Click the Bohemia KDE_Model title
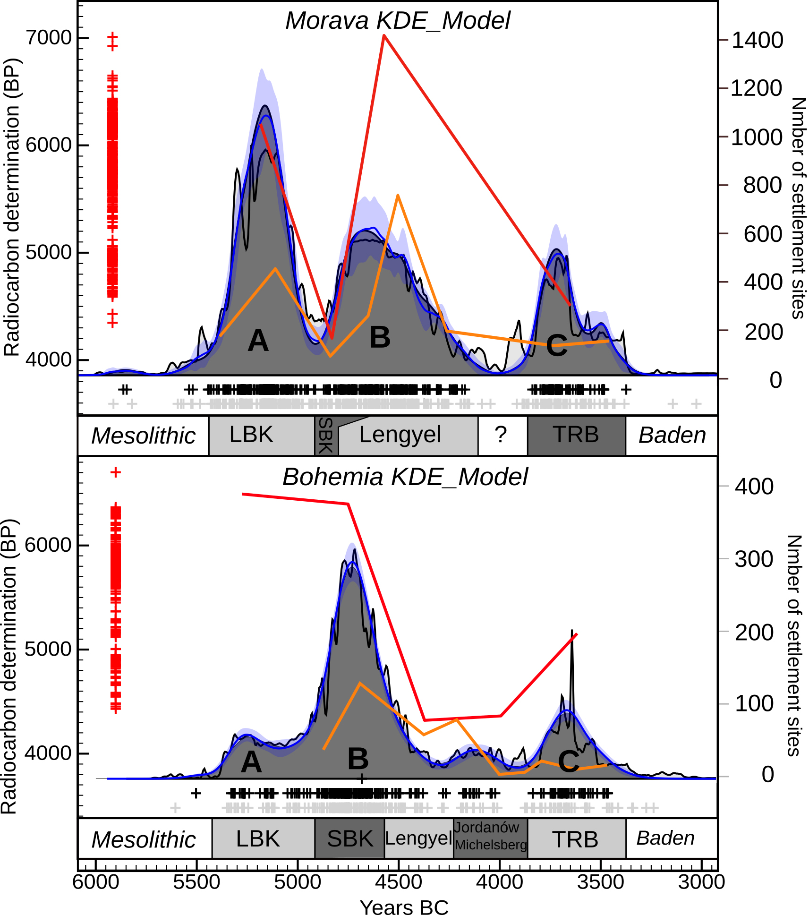tap(405, 477)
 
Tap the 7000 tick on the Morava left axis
tap(49, 38)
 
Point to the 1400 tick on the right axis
tap(757, 40)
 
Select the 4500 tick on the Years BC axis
tap(398, 881)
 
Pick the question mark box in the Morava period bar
tap(502, 435)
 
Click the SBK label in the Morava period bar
tap(326, 435)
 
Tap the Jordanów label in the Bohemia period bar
tap(486, 827)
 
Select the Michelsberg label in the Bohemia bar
tap(491, 845)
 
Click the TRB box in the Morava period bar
tap(576, 435)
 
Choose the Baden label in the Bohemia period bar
tap(666, 838)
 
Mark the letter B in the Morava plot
tap(380, 337)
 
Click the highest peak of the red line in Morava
tap(384, 35)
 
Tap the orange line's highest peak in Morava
tap(398, 195)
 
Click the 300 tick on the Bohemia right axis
tap(754, 559)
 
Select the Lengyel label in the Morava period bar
tap(400, 435)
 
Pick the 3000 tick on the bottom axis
tap(701, 881)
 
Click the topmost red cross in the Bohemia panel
tap(116, 472)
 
